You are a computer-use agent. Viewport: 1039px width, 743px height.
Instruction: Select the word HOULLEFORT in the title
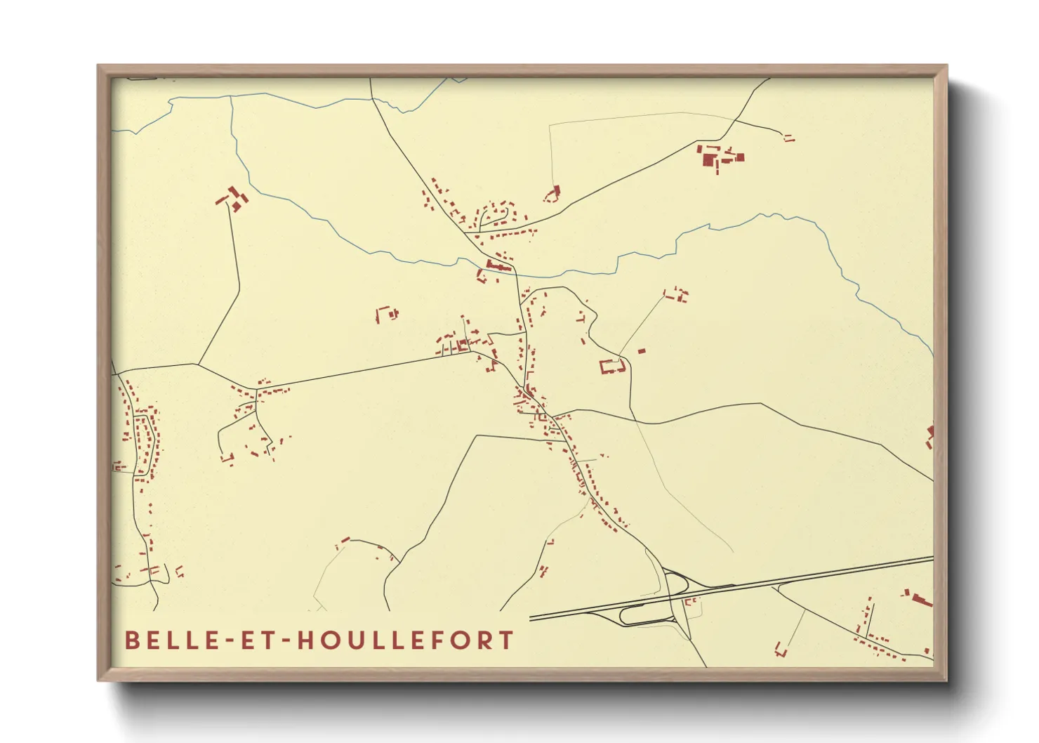406,640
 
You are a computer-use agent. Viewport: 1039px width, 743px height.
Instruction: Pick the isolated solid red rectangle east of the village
641,350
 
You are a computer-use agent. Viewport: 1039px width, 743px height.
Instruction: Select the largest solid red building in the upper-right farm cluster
708,159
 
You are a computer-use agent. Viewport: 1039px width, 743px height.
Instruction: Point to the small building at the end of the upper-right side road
788,138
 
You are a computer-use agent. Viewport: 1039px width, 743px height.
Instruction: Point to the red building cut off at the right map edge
930,435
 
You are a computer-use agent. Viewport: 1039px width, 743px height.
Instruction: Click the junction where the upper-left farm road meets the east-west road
198,364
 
